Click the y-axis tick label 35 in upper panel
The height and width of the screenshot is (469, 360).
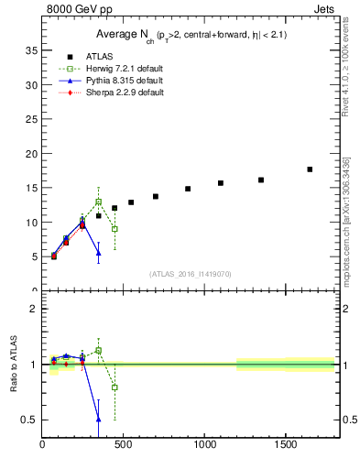coord(31,49)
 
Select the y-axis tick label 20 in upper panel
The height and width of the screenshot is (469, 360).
coord(31,153)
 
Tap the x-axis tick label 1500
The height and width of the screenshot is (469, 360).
coord(286,445)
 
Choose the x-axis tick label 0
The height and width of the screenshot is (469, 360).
coord(43,445)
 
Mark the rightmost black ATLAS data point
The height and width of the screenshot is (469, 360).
coord(310,169)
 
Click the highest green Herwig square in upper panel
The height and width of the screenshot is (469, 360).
coord(98,202)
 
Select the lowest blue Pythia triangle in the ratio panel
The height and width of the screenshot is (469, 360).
coord(98,420)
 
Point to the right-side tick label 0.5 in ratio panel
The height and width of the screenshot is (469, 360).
coord(345,420)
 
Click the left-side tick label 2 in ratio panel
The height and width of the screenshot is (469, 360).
coord(34,309)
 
